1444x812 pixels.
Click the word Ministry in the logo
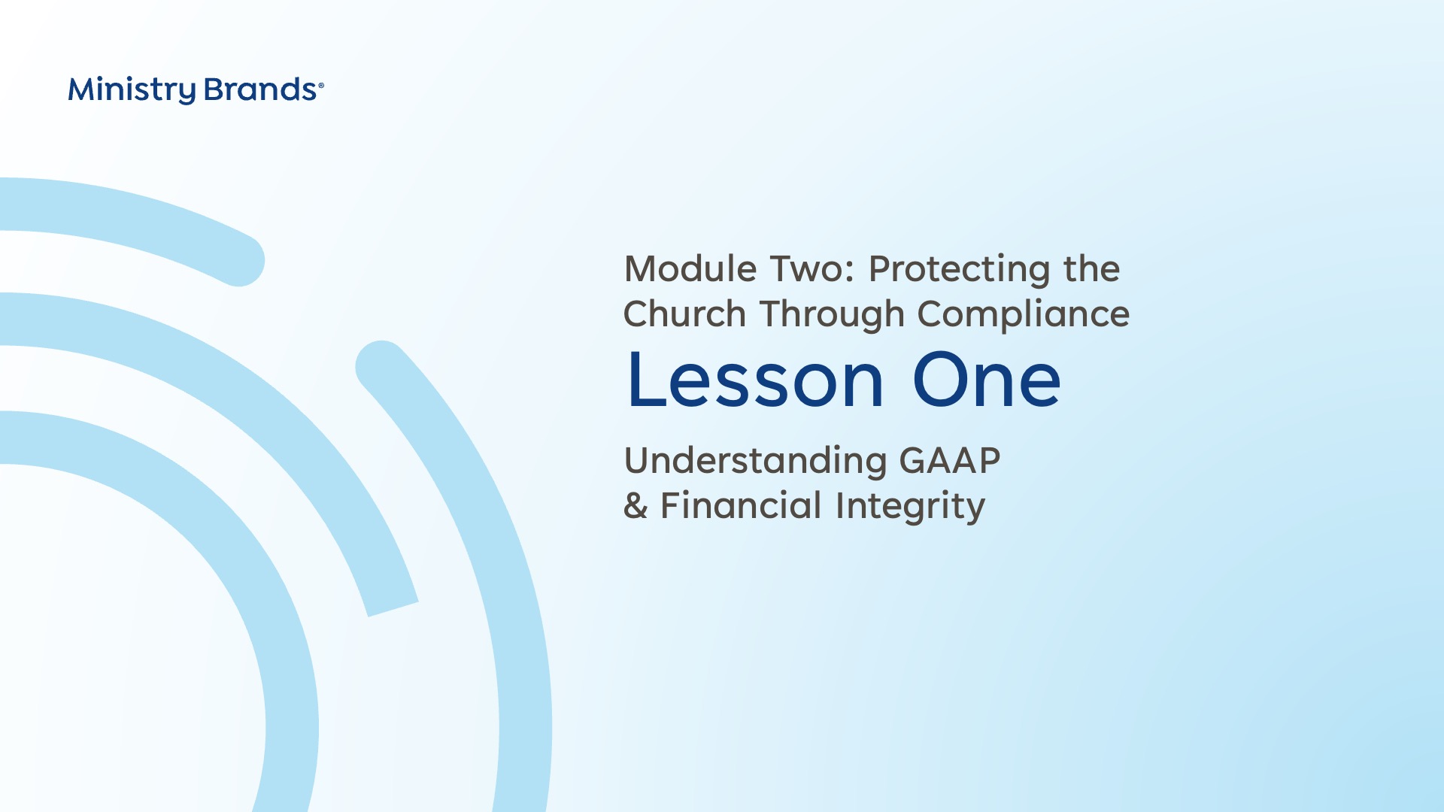[x=132, y=90]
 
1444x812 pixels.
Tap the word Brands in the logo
[x=260, y=89]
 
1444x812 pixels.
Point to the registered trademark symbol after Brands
[x=321, y=86]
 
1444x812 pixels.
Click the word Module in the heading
[x=690, y=268]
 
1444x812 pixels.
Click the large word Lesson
[x=756, y=380]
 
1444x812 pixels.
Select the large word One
[x=987, y=380]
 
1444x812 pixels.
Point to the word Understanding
[x=756, y=462]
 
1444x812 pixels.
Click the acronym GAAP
[x=950, y=460]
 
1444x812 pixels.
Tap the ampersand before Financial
[x=636, y=505]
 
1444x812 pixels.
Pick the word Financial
[x=741, y=505]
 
